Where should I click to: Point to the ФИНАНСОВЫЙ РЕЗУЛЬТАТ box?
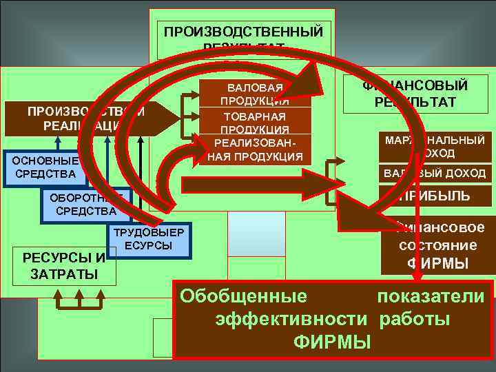[415, 94]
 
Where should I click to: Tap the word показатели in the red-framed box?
[431, 297]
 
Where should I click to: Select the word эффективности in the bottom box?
[290, 319]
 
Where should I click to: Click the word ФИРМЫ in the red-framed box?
[332, 342]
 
